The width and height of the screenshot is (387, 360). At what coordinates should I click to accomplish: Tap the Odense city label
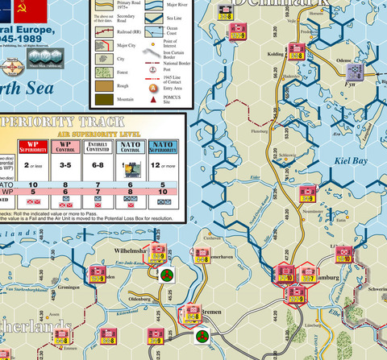(344, 60)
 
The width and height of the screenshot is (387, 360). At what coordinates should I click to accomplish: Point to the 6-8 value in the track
(98, 165)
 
